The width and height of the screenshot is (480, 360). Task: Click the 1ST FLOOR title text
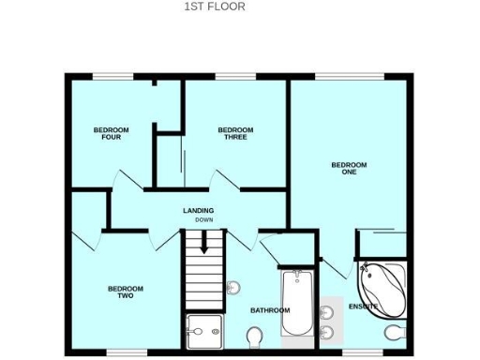point(215,7)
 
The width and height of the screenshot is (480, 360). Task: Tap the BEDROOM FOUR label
point(111,133)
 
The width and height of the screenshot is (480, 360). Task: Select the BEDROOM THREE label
point(235,133)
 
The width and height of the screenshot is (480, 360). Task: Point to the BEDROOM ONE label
point(349,169)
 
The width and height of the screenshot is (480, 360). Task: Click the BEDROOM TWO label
point(126,292)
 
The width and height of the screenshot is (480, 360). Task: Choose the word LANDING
point(199,210)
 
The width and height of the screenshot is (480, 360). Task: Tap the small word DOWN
point(203,220)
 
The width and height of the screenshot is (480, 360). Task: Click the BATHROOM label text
point(270,310)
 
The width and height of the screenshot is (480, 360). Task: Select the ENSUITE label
point(364,307)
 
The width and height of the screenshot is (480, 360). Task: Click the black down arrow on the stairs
point(203,245)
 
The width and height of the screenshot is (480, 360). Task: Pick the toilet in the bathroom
point(254,336)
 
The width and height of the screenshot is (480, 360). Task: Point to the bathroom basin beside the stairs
point(233,287)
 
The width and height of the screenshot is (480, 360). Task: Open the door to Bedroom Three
point(225,179)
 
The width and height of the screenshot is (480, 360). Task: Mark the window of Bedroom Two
point(127,353)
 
